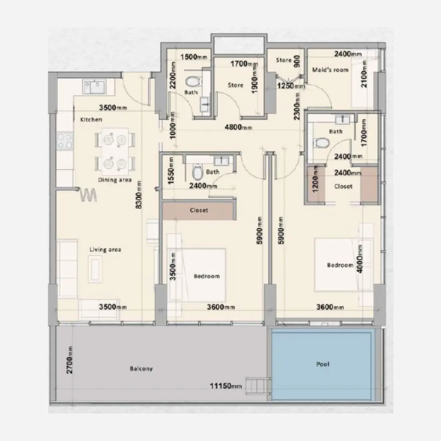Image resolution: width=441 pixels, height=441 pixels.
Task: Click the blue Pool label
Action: coord(323,364)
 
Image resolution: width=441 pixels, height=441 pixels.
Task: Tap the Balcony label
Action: coord(141,368)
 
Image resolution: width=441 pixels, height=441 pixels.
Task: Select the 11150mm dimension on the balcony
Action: coord(226,386)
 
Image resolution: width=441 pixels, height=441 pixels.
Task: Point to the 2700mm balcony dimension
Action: coord(70,360)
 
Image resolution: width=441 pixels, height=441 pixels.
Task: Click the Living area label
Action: coord(105,250)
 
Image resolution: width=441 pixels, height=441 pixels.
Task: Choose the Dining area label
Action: coord(115,180)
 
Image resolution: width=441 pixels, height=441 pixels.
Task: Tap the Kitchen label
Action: coord(91,119)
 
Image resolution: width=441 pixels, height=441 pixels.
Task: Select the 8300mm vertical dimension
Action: coord(139,194)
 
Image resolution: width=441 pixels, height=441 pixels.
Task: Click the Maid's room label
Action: coord(330,70)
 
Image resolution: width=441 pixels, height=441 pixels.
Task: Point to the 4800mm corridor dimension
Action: coord(238,127)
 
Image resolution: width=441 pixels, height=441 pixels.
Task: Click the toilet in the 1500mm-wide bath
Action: coord(193,82)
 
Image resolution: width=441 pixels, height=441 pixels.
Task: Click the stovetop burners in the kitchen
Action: coord(65,140)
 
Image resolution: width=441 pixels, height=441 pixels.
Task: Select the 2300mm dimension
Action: coord(297,107)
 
